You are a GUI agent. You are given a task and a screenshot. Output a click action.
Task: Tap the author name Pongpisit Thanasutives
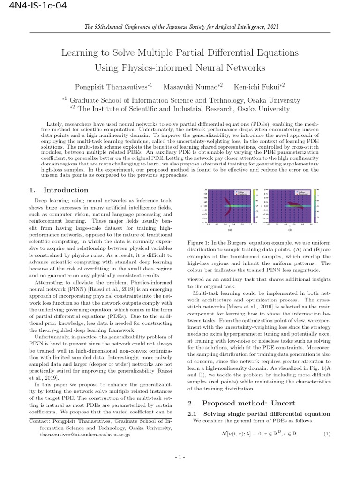112,87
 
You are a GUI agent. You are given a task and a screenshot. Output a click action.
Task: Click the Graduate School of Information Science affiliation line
180,100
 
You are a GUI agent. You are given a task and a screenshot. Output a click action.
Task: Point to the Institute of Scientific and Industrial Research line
180,109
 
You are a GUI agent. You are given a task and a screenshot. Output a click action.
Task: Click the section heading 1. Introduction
59,190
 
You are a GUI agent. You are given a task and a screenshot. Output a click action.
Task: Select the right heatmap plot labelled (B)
289,207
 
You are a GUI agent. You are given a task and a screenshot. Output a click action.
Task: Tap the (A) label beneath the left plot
230,230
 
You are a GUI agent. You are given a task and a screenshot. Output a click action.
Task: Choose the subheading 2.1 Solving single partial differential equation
259,414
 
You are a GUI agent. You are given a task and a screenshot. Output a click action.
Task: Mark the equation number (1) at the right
327,434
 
